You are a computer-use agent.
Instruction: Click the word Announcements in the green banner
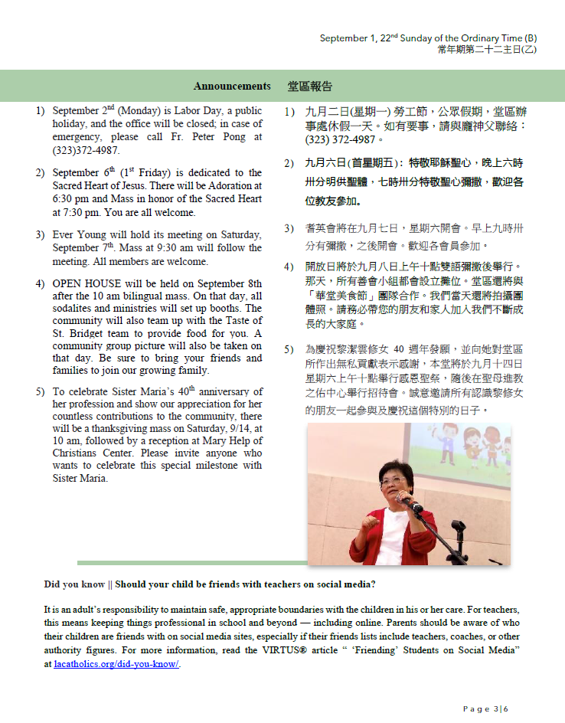click(232, 86)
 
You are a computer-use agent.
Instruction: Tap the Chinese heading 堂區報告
click(310, 86)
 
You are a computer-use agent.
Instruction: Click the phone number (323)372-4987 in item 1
click(86, 150)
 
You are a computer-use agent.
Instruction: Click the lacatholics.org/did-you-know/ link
click(116, 664)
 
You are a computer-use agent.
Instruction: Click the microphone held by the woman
click(413, 505)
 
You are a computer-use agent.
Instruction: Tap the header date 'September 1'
click(345, 38)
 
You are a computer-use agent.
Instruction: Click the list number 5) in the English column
click(40, 392)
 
